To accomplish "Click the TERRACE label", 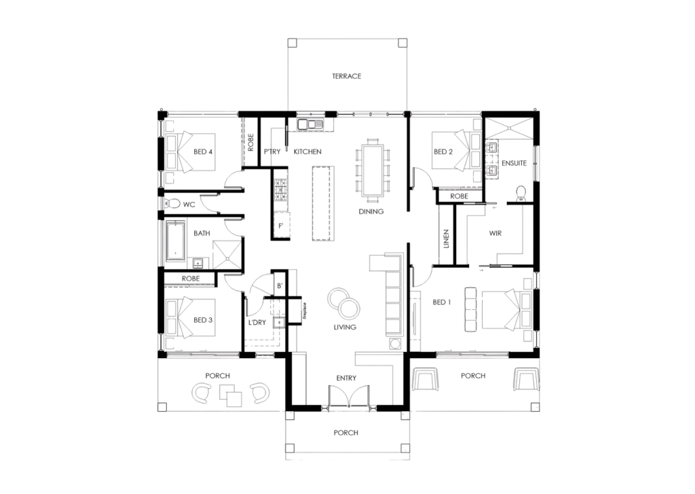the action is [x=347, y=76].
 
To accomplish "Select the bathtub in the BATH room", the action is [x=176, y=241].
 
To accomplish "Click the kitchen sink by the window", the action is [x=311, y=125].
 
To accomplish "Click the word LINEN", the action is [x=447, y=239].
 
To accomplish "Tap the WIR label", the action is [x=495, y=234].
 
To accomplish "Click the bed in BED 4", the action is [x=190, y=152].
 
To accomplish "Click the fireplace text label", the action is [x=305, y=311].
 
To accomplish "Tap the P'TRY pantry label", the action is [x=272, y=152].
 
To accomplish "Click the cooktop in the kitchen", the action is [x=281, y=189].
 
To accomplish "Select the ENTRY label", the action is [x=346, y=378].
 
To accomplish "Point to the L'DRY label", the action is [x=257, y=323].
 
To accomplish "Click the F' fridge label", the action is [x=280, y=226].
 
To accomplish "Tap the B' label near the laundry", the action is [x=280, y=286].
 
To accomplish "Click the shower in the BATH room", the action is [x=227, y=255].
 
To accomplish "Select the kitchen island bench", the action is [x=322, y=203].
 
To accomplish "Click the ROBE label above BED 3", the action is [x=191, y=279].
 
